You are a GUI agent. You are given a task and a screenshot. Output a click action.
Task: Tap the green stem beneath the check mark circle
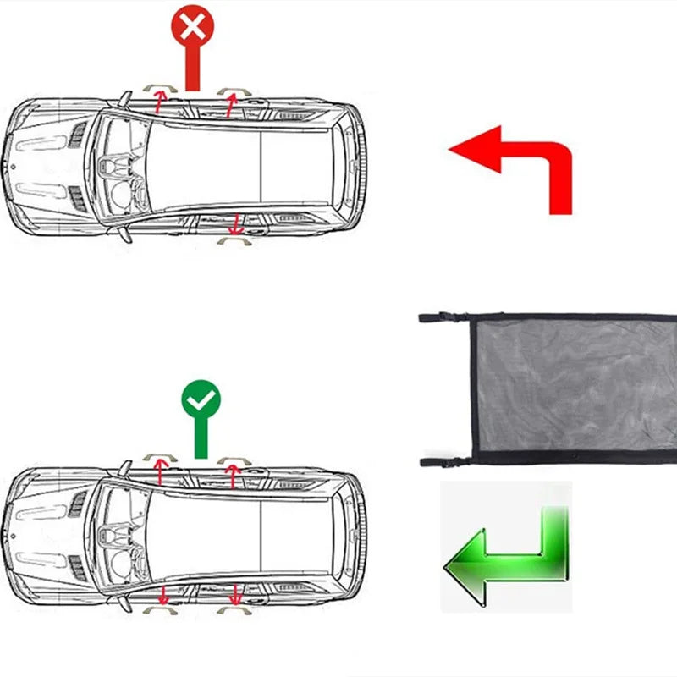click(201, 440)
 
